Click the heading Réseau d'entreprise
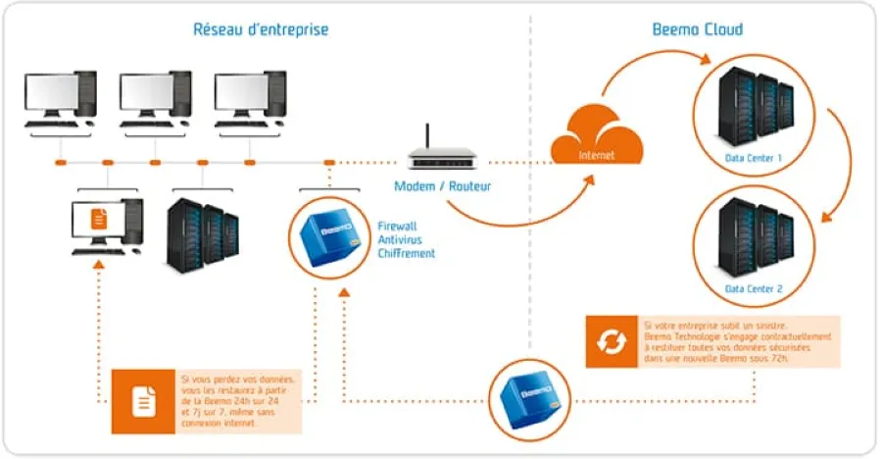click(260, 29)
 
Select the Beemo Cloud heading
click(697, 29)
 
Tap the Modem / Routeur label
click(442, 186)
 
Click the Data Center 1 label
click(753, 157)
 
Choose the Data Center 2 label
click(753, 290)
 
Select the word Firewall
click(396, 226)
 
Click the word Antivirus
click(398, 239)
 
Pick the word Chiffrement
click(406, 253)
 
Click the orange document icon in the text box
click(144, 400)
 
